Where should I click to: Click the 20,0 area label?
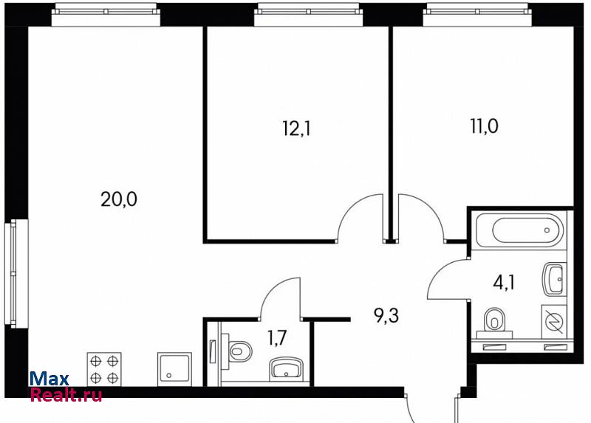(x=119, y=199)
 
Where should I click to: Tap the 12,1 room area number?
(x=297, y=129)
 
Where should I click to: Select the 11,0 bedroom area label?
(x=484, y=126)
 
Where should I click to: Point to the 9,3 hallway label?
(x=386, y=316)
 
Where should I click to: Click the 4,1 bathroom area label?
(x=504, y=282)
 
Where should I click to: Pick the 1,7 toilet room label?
(x=278, y=338)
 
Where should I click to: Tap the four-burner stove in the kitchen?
(x=104, y=369)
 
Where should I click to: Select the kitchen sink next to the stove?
(x=174, y=369)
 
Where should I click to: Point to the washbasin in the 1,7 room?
(x=287, y=368)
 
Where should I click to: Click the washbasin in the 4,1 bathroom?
(x=555, y=279)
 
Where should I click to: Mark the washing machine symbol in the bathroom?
(x=554, y=321)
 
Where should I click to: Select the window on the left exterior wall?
(x=14, y=274)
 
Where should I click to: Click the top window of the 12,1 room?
(x=308, y=14)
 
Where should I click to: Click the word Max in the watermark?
(x=49, y=379)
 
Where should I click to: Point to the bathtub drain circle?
(x=547, y=230)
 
